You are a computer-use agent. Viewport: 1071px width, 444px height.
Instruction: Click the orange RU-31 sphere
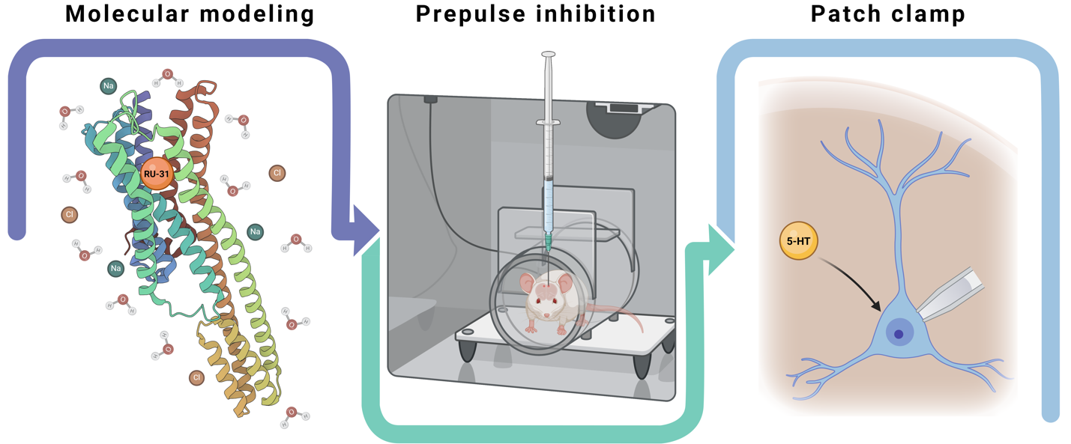pos(156,174)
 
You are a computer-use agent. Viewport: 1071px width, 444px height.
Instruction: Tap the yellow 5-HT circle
pos(798,242)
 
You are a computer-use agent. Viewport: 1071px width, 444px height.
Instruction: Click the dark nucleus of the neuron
pos(898,335)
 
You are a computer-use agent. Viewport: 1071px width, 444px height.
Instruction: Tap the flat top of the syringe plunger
pos(548,55)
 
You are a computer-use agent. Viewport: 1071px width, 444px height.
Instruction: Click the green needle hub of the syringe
pos(549,240)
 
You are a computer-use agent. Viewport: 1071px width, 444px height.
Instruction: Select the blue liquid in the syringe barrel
pos(548,206)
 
